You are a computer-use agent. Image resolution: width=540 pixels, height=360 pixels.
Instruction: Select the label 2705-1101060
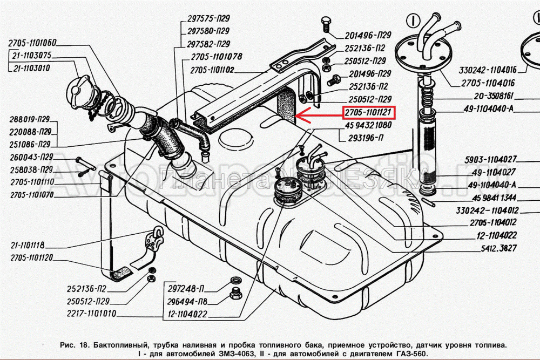click(32, 43)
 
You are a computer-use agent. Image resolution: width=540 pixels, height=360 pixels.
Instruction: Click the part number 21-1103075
click(33, 55)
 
